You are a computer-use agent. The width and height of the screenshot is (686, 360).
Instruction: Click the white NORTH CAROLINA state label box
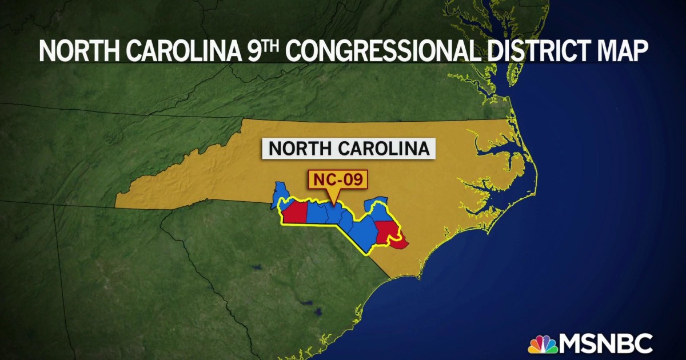(349, 149)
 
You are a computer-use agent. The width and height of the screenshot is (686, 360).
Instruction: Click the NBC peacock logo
(543, 344)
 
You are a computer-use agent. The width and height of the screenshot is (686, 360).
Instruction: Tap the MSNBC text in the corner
(607, 344)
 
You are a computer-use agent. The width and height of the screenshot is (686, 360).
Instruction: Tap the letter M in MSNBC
(572, 344)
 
